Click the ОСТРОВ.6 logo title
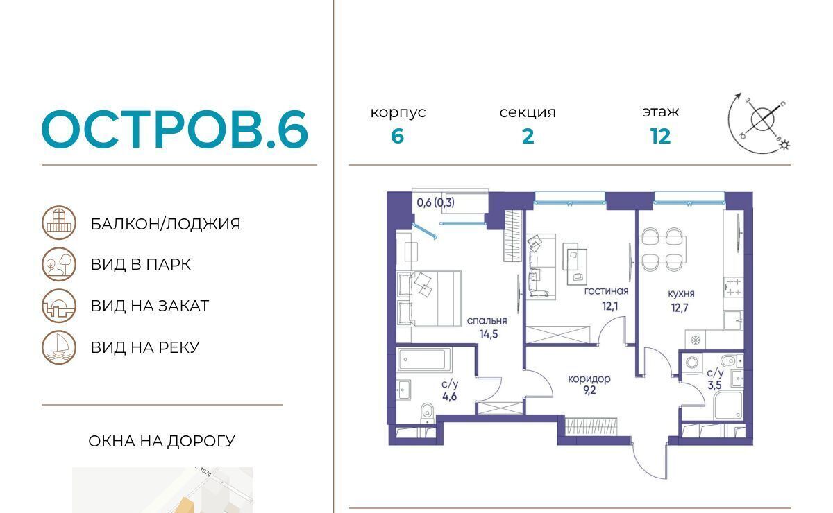175,129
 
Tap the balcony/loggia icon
59,223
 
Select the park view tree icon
59,264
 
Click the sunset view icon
59,306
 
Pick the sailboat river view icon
59,347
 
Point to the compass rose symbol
760,122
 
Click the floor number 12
660,137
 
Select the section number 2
528,137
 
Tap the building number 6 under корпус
398,137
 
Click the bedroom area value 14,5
489,334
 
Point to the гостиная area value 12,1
610,306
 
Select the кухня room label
681,293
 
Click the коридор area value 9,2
589,390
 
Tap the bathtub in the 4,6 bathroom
425,360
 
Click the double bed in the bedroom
429,299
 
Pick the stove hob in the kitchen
733,287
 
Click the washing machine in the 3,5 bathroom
692,362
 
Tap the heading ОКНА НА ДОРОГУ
162,442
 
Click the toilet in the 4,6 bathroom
428,413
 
